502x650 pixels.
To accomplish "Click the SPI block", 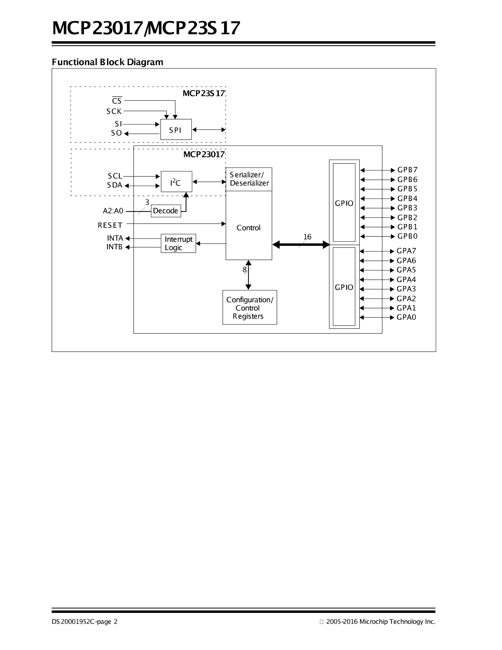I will (x=176, y=130).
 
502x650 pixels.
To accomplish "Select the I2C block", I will (x=176, y=182).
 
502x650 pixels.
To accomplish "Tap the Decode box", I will (x=166, y=211).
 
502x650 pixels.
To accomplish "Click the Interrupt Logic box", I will (x=178, y=243).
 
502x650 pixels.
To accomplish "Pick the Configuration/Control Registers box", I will (x=249, y=308).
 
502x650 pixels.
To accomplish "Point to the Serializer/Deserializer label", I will (x=249, y=179).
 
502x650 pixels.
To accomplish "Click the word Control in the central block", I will (x=248, y=227).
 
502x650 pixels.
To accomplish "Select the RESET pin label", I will (x=110, y=225).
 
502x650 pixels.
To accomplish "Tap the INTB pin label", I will (x=114, y=247).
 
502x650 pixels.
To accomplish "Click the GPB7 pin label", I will (x=407, y=170).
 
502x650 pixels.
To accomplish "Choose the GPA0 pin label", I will (x=406, y=317).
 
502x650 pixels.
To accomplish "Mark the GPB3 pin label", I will (x=407, y=208).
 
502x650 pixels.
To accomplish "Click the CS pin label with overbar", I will (x=117, y=101).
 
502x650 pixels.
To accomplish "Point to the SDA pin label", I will (x=115, y=185).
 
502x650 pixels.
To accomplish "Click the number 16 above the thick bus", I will (x=307, y=237).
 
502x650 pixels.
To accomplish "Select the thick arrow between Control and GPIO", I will (x=301, y=244).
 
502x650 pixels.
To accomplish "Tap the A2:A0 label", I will (x=113, y=211).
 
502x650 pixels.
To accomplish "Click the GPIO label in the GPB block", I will (x=344, y=203).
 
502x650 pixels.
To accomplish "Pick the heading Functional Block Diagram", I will (x=107, y=62).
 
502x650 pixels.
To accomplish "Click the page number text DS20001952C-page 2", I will (x=85, y=621).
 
